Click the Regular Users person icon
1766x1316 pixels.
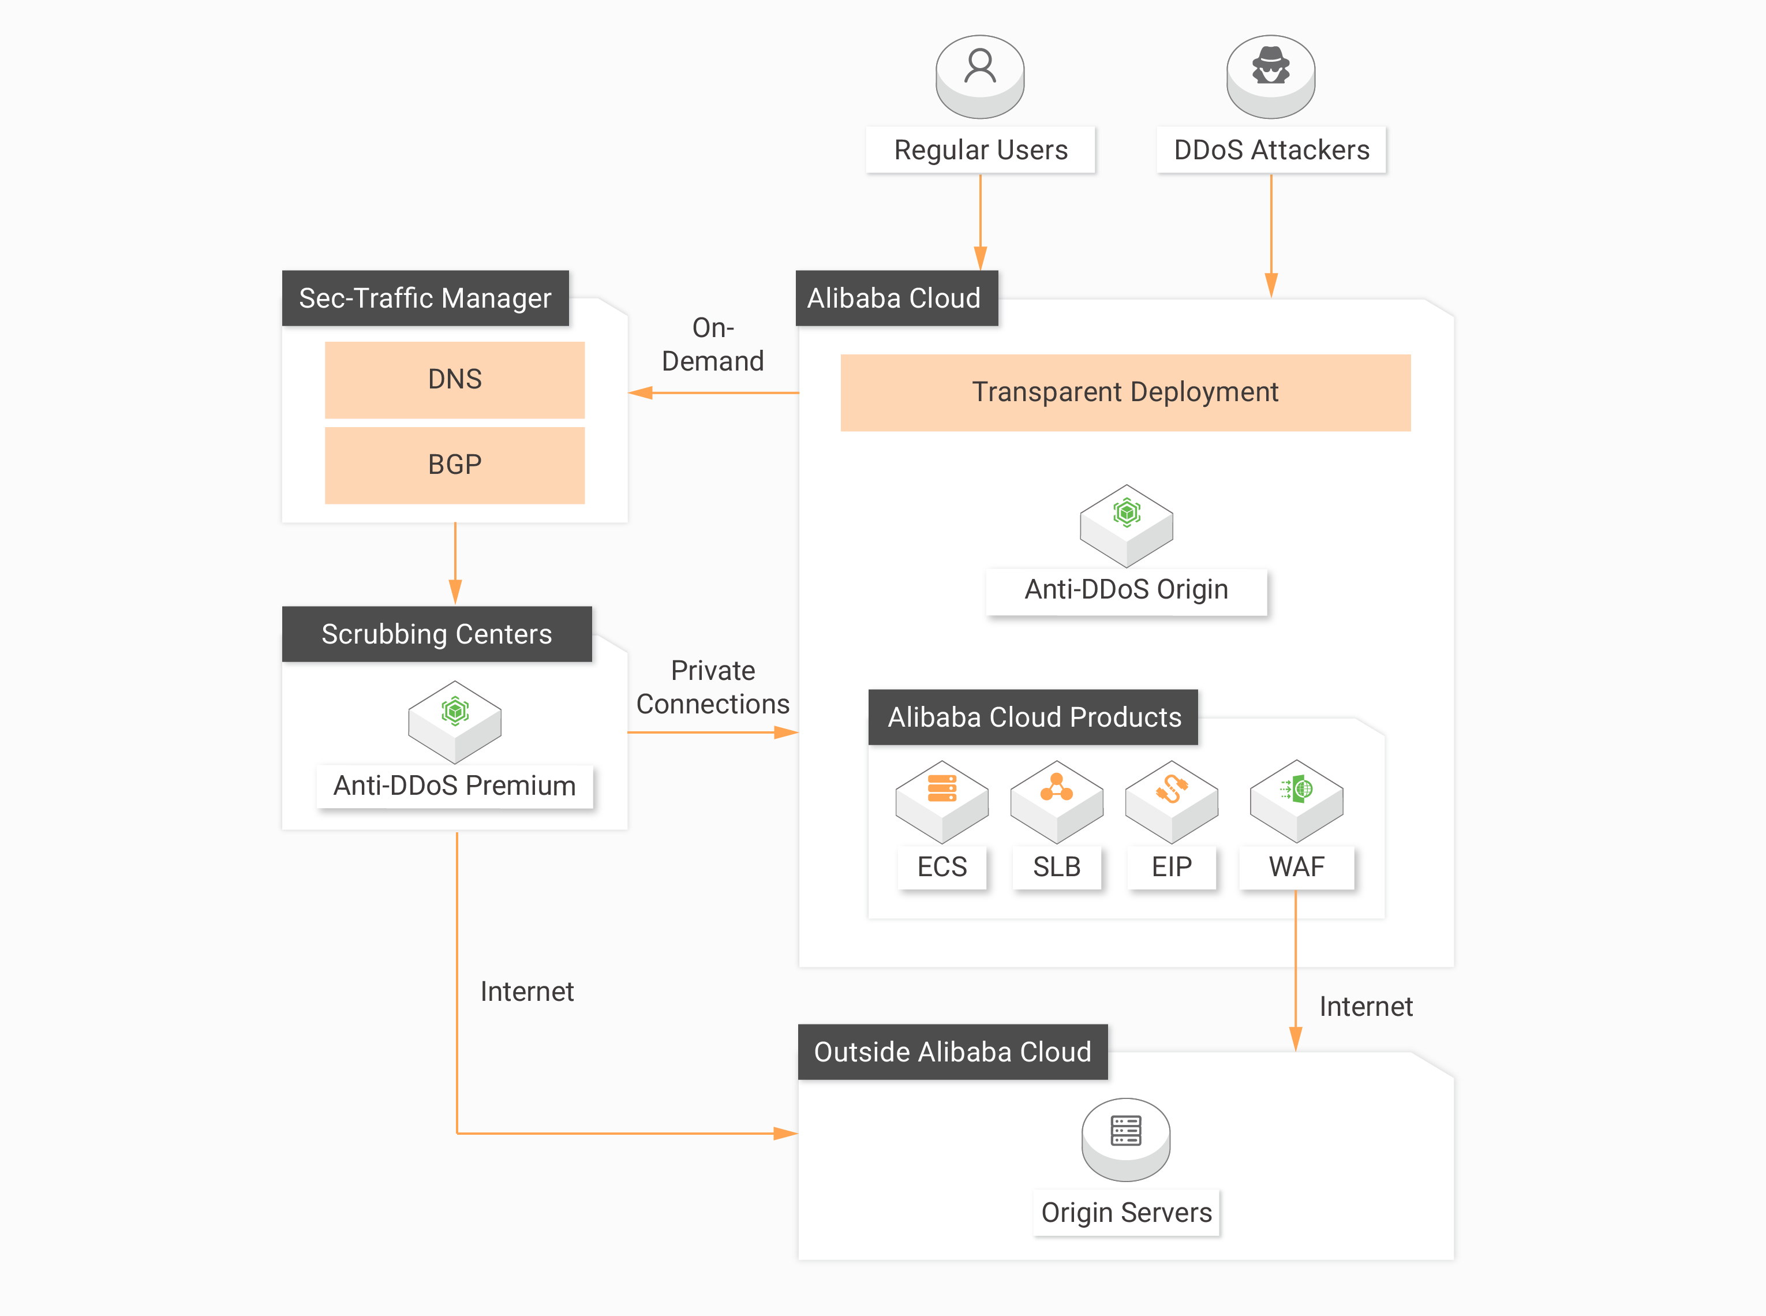(980, 73)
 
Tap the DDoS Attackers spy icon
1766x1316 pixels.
(1270, 73)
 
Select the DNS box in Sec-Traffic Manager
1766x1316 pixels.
(454, 379)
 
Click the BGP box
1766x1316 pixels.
(454, 465)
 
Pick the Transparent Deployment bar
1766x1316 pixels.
(1125, 392)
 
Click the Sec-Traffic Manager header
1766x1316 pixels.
(425, 298)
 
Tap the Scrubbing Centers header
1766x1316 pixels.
(436, 634)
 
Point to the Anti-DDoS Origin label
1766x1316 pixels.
(1125, 589)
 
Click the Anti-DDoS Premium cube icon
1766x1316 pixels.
(454, 719)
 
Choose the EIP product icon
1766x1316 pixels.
(1171, 799)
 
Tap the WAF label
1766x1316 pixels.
(1296, 867)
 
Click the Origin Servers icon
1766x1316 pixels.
(1125, 1138)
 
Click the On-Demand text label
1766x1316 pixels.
(712, 344)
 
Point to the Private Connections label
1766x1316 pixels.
(712, 687)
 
